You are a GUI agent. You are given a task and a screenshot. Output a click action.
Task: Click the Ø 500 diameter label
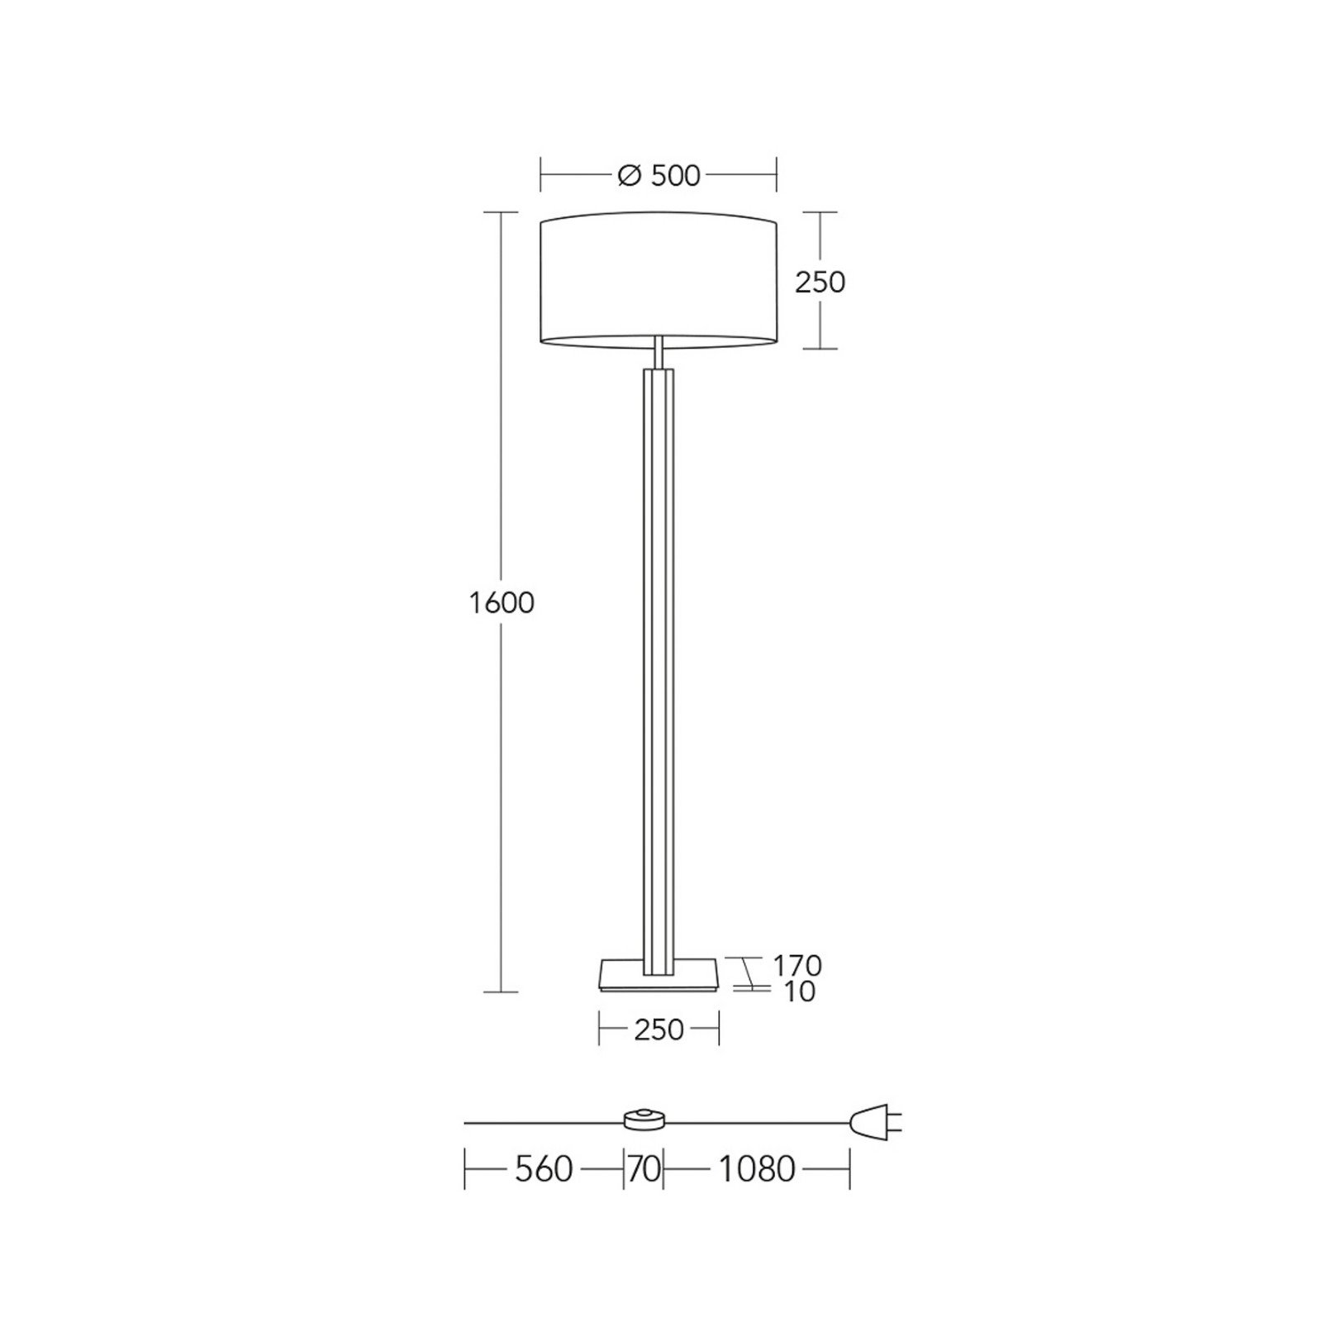(x=659, y=176)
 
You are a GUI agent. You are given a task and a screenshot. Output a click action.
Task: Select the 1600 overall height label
(x=502, y=603)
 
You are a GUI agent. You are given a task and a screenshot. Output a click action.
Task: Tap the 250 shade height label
(x=820, y=283)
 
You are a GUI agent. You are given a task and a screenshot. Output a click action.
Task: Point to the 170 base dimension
(x=797, y=964)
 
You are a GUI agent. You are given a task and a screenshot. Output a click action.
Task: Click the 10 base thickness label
(x=799, y=991)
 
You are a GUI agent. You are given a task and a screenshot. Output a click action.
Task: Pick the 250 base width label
(x=659, y=1030)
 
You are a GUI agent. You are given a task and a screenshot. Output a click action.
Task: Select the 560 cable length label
(x=543, y=1169)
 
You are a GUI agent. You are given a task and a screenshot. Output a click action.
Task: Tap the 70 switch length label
(x=644, y=1169)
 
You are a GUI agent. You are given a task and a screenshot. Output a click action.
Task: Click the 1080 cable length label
(x=756, y=1169)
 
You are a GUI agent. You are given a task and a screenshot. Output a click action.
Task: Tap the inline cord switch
(x=645, y=1121)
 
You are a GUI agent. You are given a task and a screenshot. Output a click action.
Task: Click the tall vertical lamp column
(x=659, y=661)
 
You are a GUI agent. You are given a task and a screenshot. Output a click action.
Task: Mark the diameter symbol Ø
(x=629, y=176)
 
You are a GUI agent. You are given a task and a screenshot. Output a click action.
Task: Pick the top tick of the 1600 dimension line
(x=501, y=212)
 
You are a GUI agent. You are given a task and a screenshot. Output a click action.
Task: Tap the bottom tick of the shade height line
(x=820, y=349)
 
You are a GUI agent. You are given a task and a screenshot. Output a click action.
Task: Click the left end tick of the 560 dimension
(x=465, y=1169)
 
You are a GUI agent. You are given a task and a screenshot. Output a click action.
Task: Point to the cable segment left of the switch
(x=541, y=1123)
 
